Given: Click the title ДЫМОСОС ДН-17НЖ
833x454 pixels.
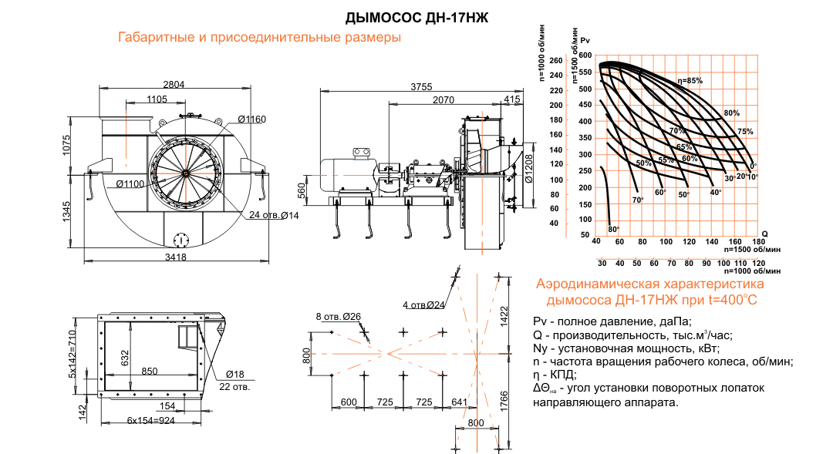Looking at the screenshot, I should tap(416, 17).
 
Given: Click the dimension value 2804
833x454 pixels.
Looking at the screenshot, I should tap(174, 85).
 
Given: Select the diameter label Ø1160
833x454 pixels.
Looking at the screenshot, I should tap(251, 119).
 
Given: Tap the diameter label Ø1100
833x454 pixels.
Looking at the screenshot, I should tap(131, 183).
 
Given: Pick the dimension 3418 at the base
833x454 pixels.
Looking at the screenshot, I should tap(176, 257).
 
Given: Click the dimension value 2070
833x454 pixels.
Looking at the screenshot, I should tap(443, 100).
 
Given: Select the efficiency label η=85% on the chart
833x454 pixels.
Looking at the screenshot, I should tap(690, 81).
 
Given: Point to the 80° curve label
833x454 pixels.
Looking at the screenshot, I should tap(613, 230).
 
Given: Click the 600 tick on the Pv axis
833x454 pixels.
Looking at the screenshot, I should tap(585, 56).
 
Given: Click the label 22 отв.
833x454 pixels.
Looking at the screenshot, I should tap(235, 386).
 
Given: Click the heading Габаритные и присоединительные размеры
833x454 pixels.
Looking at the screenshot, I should tap(260, 38).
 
